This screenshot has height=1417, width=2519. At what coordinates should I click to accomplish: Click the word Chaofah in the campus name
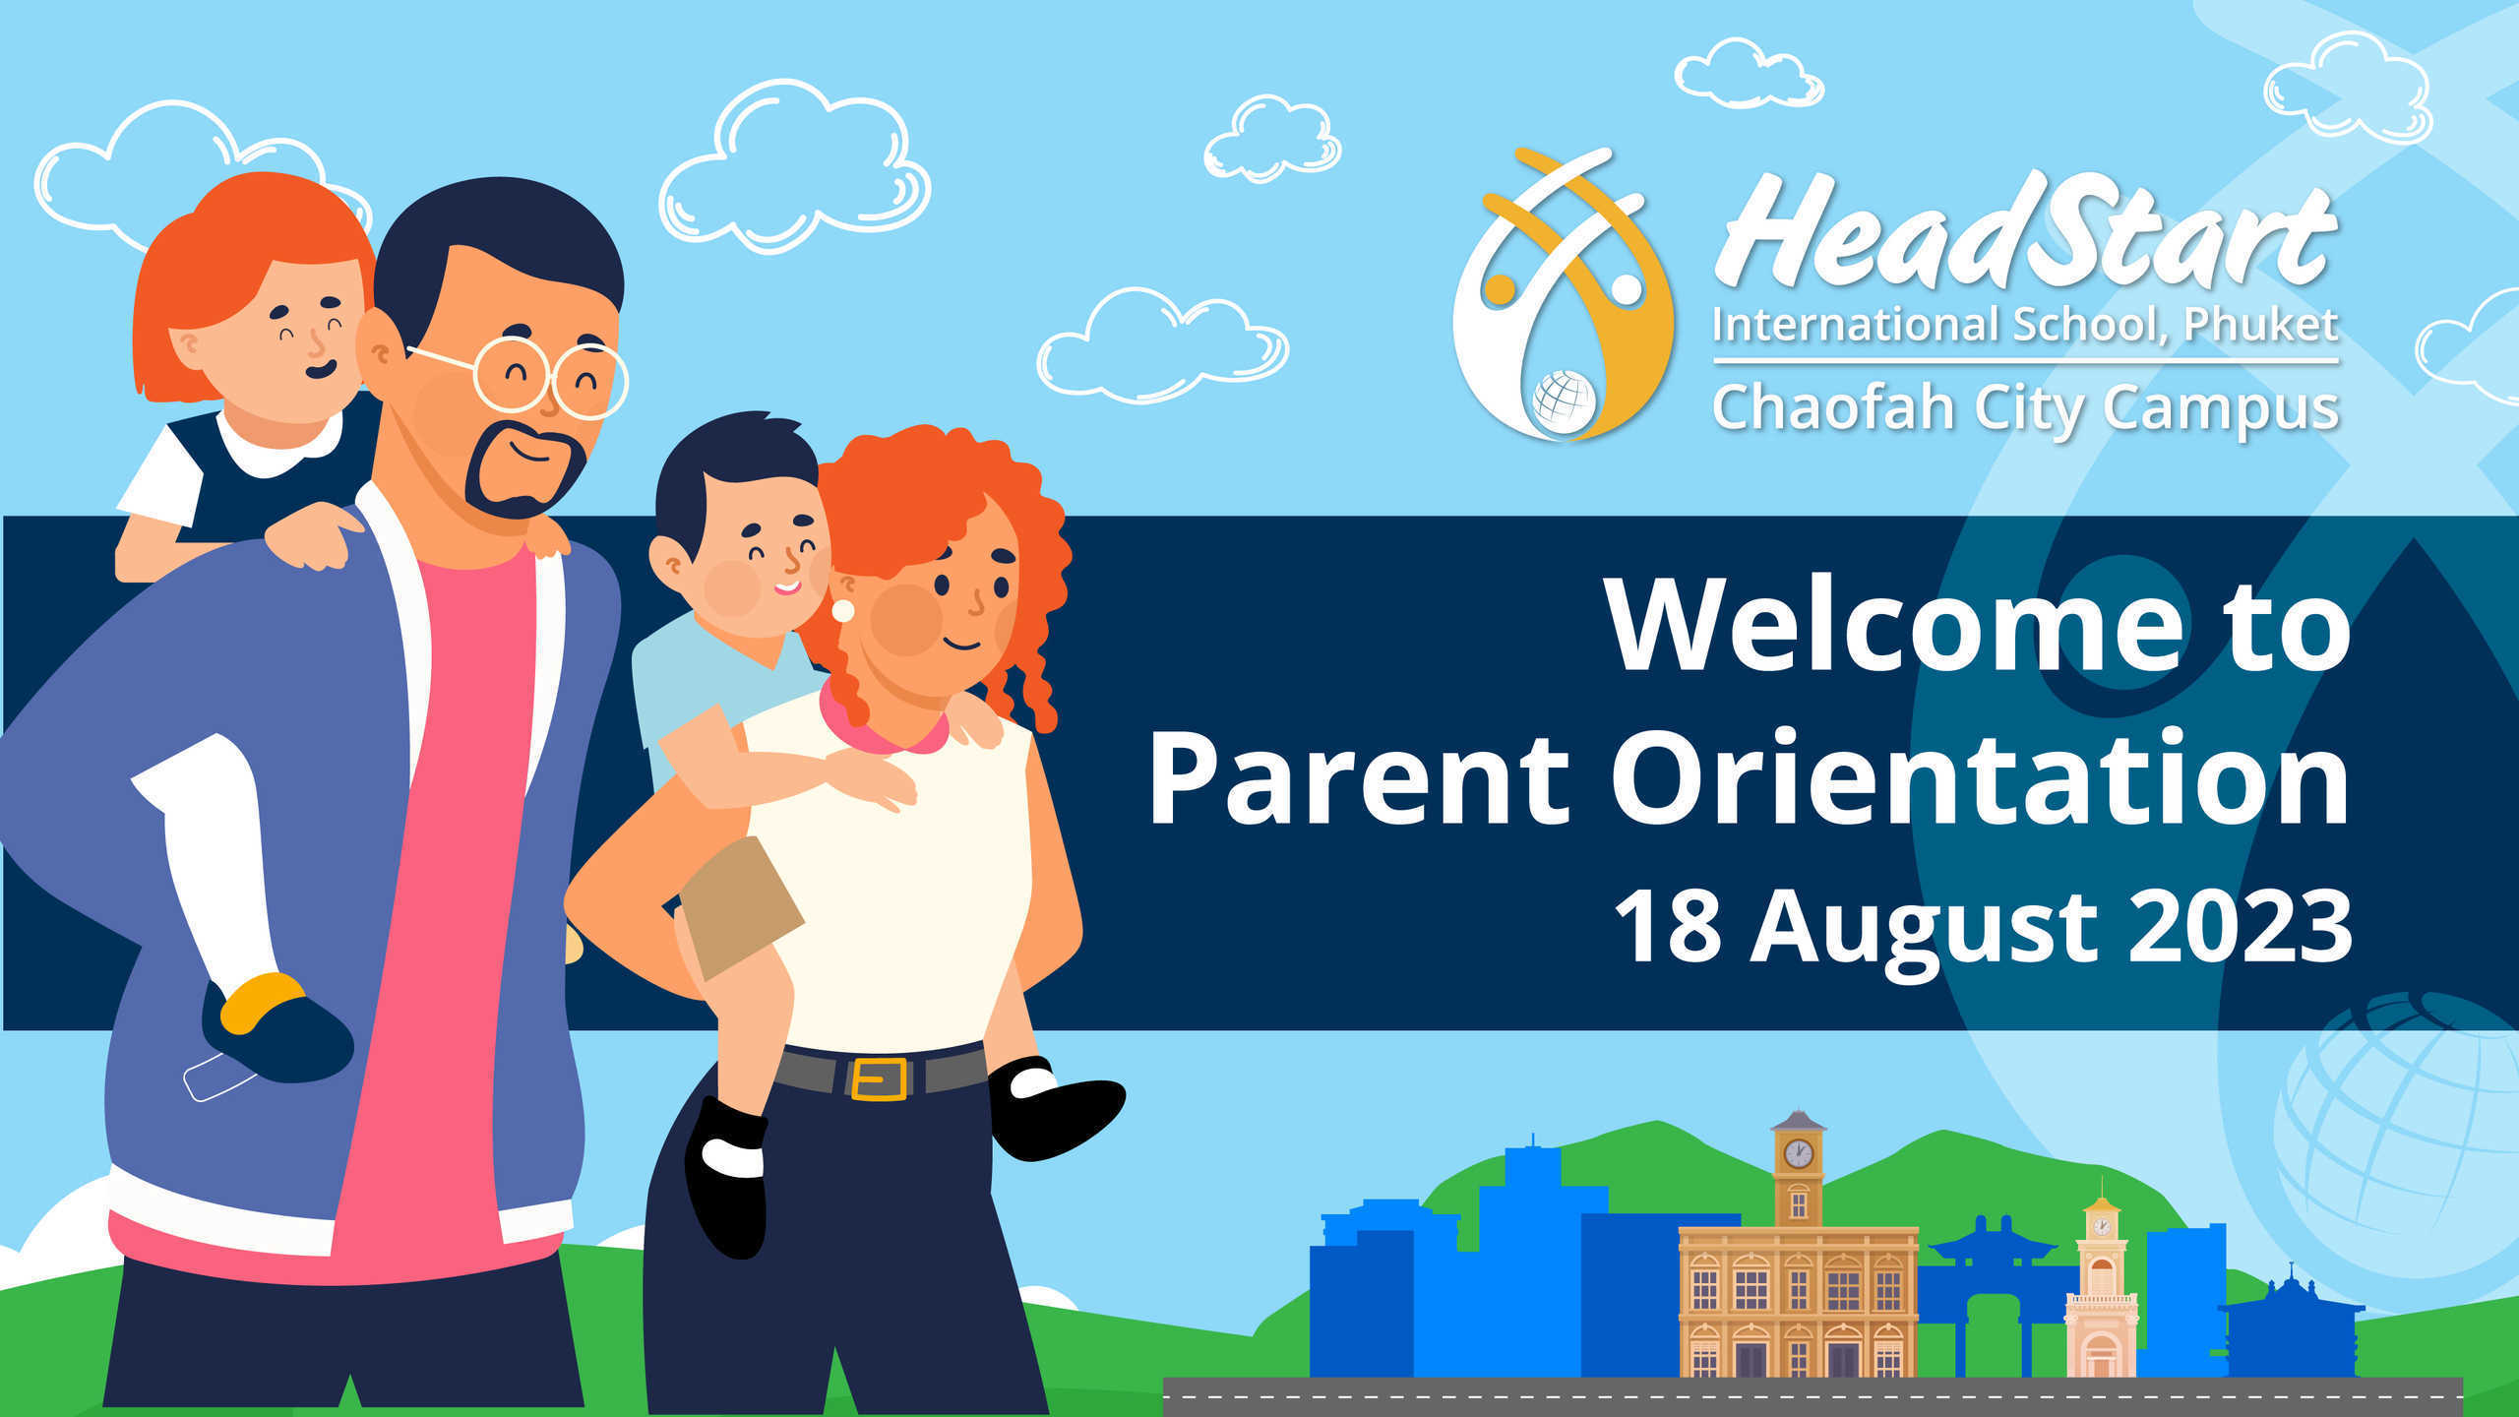click(x=1833, y=407)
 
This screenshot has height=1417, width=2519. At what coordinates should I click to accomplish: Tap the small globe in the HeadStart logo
click(x=1563, y=401)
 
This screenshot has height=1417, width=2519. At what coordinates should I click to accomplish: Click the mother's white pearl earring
click(x=843, y=610)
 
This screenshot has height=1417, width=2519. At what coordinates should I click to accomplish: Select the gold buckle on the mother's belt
click(x=878, y=1078)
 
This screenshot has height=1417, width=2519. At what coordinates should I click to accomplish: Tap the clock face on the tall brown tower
click(x=1798, y=1153)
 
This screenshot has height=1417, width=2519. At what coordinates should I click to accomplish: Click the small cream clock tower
click(x=2101, y=1289)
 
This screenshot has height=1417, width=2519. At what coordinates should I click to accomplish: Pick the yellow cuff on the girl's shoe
click(x=262, y=1000)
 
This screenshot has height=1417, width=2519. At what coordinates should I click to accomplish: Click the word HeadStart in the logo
click(x=2025, y=231)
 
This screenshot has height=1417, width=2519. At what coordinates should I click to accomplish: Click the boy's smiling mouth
click(x=787, y=588)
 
